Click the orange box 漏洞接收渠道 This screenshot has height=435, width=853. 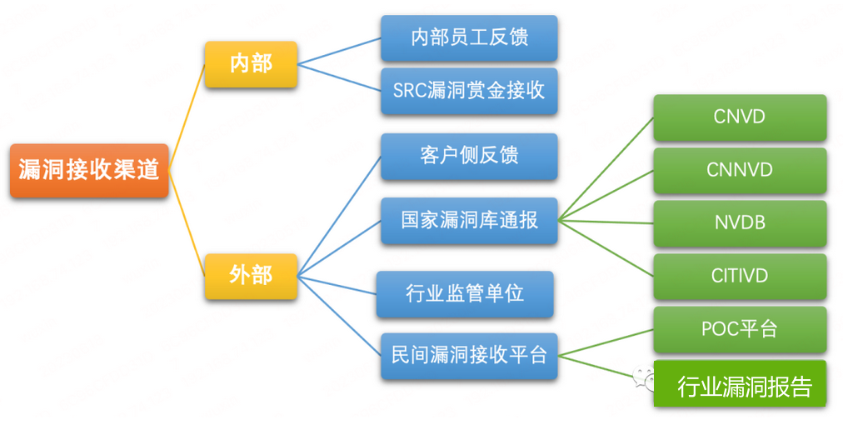point(89,171)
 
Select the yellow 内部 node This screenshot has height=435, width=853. point(251,63)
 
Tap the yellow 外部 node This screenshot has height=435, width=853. point(251,276)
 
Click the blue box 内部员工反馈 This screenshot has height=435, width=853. point(469,37)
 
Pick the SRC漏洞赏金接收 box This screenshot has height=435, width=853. point(469,91)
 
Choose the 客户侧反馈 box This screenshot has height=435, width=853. point(469,156)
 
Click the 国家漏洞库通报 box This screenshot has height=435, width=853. point(469,221)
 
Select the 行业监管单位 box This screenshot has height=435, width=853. point(464,293)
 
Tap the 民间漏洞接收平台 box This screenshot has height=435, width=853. point(469,356)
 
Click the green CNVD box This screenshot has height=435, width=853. point(740,117)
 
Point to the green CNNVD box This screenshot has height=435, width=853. point(740,171)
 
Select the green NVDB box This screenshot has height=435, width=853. point(740,223)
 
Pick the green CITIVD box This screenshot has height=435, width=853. point(740,276)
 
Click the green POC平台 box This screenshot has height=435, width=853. point(740,329)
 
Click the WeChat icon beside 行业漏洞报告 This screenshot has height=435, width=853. point(642,381)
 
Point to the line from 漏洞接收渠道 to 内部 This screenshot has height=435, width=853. point(187,117)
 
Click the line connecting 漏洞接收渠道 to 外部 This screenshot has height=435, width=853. point(187,224)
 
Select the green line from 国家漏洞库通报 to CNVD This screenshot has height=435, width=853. point(606,169)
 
